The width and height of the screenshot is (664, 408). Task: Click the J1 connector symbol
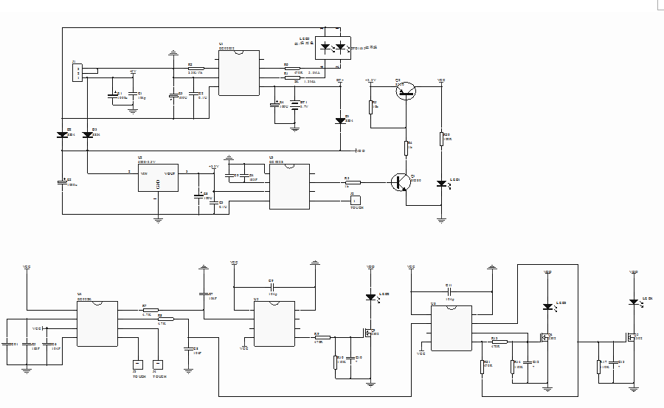click(x=77, y=72)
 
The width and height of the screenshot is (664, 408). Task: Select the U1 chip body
click(x=238, y=73)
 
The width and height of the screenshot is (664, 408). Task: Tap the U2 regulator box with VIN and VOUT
click(x=158, y=178)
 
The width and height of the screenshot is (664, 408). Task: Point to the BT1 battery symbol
click(x=296, y=106)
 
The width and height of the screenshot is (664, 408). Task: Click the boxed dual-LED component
click(x=334, y=48)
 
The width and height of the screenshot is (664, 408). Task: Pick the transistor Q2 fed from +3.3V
click(x=405, y=90)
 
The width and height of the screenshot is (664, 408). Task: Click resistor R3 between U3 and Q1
click(x=352, y=182)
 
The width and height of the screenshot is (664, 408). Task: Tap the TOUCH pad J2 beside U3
click(x=355, y=200)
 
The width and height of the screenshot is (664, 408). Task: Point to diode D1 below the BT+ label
click(x=340, y=120)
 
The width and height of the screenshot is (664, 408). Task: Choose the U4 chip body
click(x=97, y=323)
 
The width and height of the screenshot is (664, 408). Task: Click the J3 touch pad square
click(x=137, y=364)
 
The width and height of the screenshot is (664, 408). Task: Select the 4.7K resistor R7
click(x=151, y=311)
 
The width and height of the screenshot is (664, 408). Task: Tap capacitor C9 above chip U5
click(x=272, y=286)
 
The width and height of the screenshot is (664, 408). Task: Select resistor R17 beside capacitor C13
click(x=599, y=367)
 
